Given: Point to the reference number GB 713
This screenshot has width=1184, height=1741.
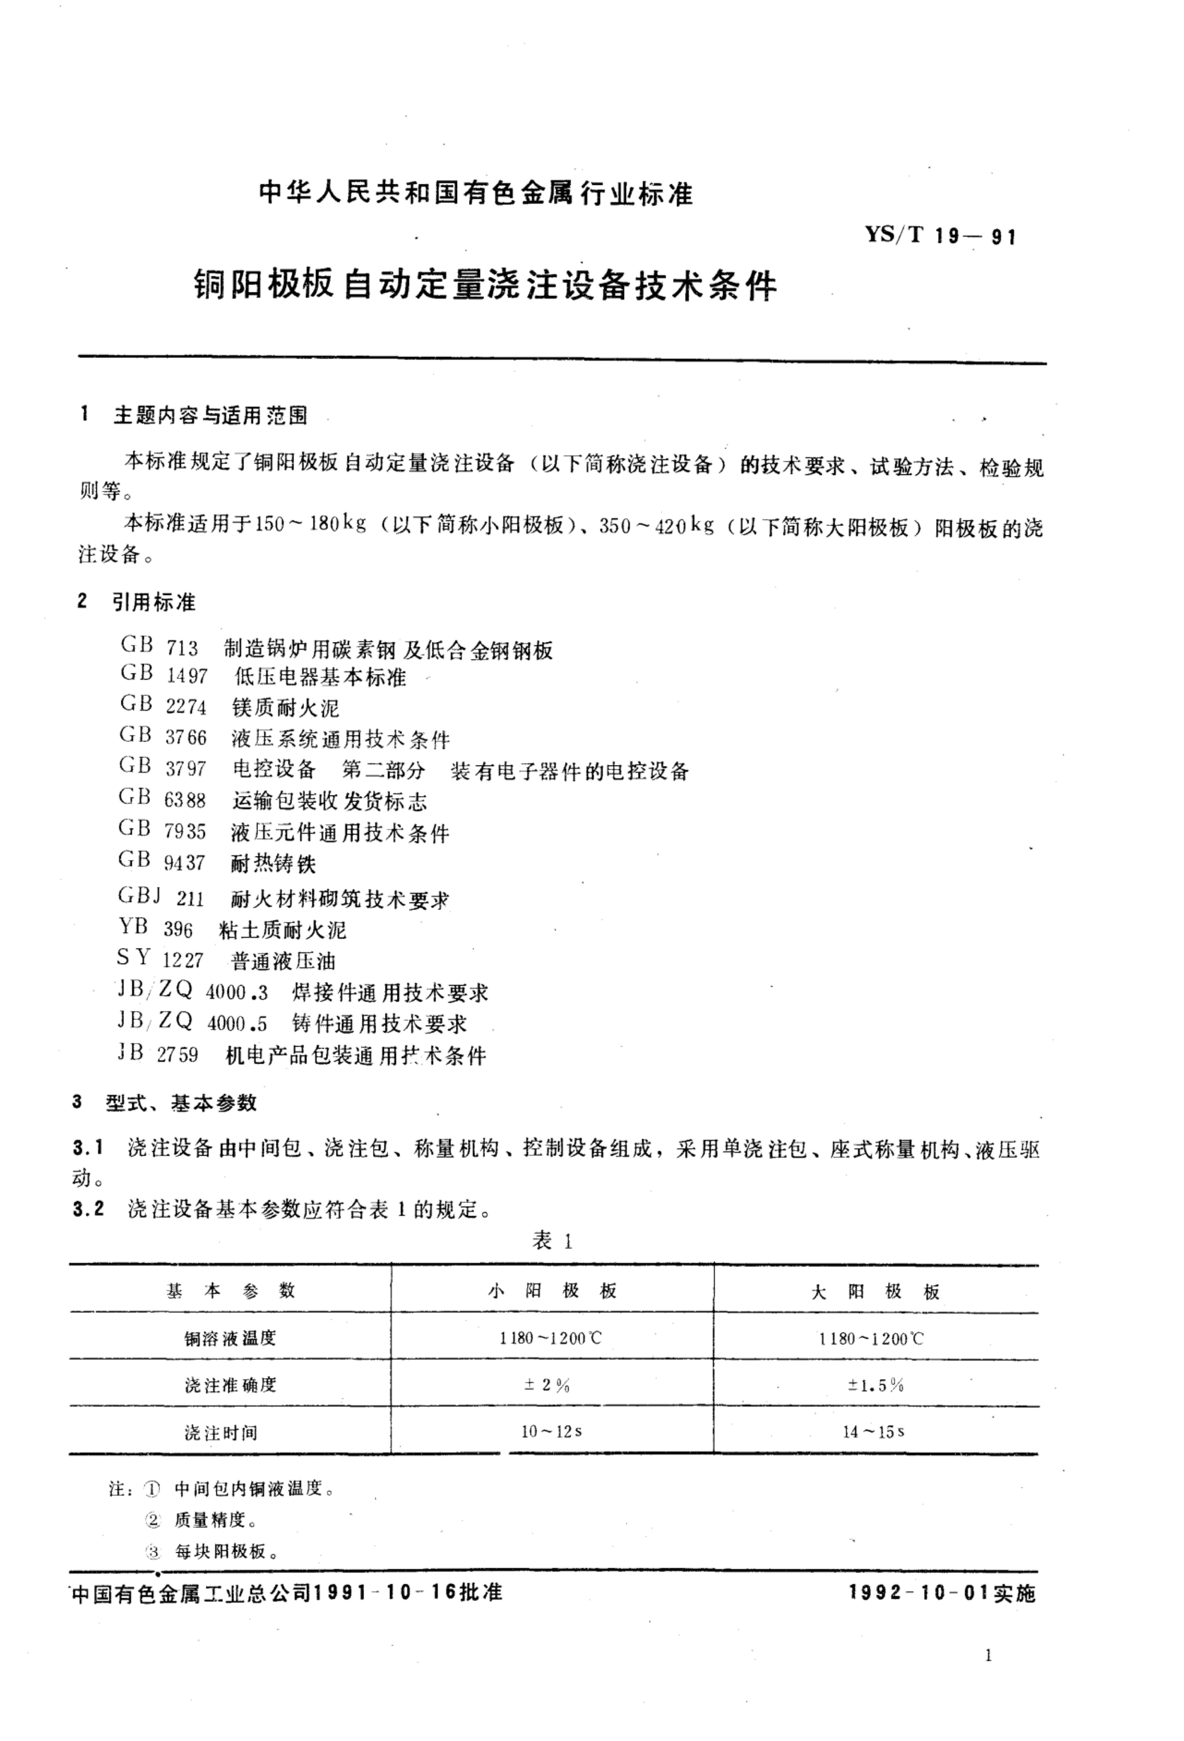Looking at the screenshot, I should coord(159,647).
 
